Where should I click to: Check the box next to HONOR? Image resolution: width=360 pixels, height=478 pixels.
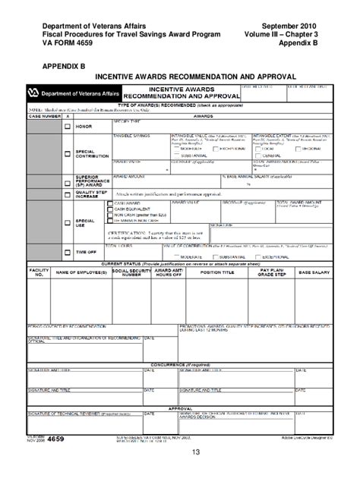(67, 126)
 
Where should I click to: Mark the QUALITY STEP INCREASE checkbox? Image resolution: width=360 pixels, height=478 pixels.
(67, 194)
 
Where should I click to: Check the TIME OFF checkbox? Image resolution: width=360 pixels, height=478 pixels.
(67, 252)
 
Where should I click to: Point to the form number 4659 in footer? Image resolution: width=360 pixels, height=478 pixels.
(55, 439)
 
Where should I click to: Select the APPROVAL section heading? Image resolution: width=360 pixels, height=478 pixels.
(180, 407)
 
